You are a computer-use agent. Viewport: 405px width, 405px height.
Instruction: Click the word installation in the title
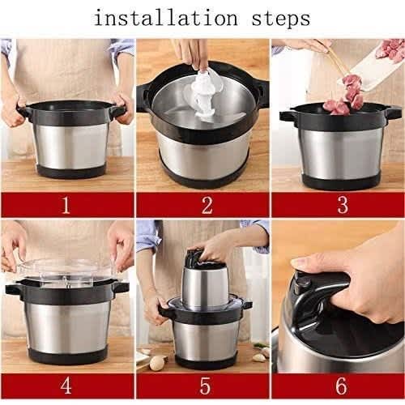coord(165,18)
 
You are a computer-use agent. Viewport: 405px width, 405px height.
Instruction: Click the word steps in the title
coord(281,19)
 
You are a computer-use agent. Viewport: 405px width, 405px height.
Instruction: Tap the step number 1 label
coord(66,205)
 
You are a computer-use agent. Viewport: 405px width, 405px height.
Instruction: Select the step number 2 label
coord(207,205)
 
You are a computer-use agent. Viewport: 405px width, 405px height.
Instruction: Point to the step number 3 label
coord(343,204)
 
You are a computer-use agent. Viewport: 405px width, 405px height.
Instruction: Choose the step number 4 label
coord(66,386)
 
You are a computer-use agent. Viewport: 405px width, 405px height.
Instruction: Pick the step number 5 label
coord(205,386)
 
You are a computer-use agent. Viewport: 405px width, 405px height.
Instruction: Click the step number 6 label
coord(341,386)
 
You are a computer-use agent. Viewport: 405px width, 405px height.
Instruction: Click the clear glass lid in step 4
coord(65,271)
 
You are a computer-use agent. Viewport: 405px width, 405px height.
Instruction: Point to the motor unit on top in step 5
coord(205,282)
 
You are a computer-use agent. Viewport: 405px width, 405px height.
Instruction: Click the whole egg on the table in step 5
coord(158,363)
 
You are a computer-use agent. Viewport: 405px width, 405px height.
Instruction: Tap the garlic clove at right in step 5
coord(258,357)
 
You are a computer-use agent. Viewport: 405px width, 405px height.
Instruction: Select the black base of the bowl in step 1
coord(71,171)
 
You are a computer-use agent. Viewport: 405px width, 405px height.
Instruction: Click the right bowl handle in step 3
coord(393,113)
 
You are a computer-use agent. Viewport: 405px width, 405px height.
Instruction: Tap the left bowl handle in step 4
coord(14,289)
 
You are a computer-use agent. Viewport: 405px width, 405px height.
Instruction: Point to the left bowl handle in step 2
coord(143,97)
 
